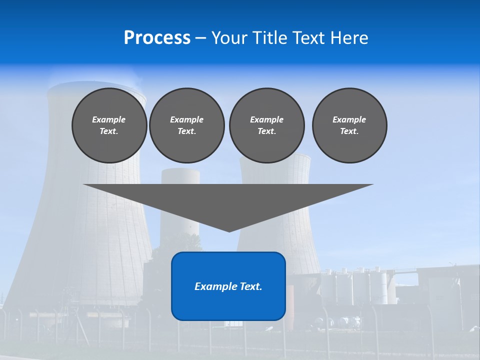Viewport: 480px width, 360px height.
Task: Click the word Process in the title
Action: click(157, 38)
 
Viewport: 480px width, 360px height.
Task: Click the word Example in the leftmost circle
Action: click(109, 119)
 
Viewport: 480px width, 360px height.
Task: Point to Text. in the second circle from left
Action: click(186, 131)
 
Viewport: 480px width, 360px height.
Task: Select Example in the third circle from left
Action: click(266, 119)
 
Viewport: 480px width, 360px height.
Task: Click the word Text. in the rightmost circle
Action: click(349, 131)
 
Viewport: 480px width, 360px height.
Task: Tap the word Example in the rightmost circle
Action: click(349, 119)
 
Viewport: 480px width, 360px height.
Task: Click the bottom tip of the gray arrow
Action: click(229, 230)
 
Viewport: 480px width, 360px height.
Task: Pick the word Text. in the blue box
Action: click(249, 286)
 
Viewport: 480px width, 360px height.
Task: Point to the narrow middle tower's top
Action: click(180, 171)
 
